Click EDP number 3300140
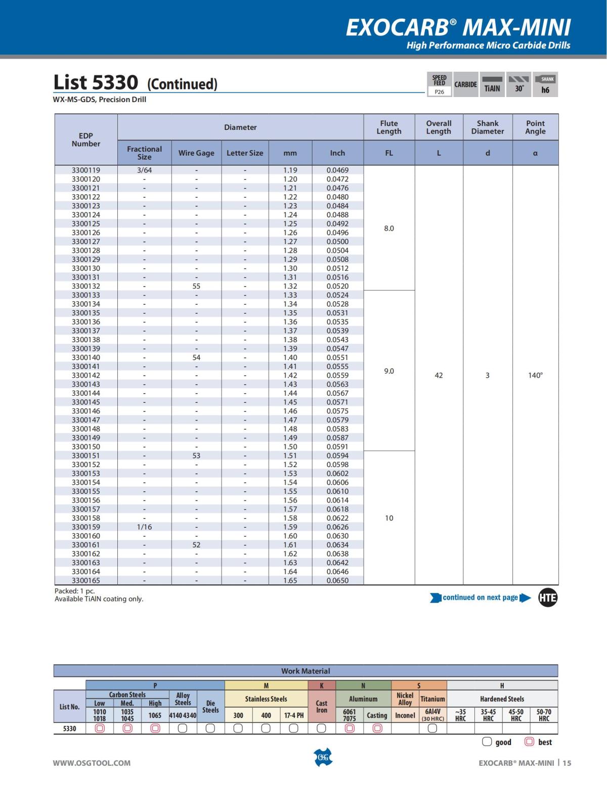(x=86, y=357)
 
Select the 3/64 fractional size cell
(x=144, y=170)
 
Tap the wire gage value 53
(x=196, y=455)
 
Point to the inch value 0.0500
(x=337, y=242)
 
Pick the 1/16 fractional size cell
(x=144, y=527)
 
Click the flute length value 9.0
(x=389, y=371)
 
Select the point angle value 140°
(x=535, y=375)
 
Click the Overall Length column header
(x=439, y=127)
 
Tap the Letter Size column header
(x=245, y=153)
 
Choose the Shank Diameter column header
(x=488, y=127)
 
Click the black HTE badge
(x=548, y=598)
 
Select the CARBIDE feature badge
(x=465, y=84)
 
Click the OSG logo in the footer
(x=323, y=757)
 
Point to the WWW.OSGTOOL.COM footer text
(x=92, y=763)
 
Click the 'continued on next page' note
(x=480, y=597)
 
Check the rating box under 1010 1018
(x=100, y=728)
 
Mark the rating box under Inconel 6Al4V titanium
(x=432, y=728)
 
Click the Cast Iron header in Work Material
(x=322, y=706)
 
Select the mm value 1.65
(x=290, y=580)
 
